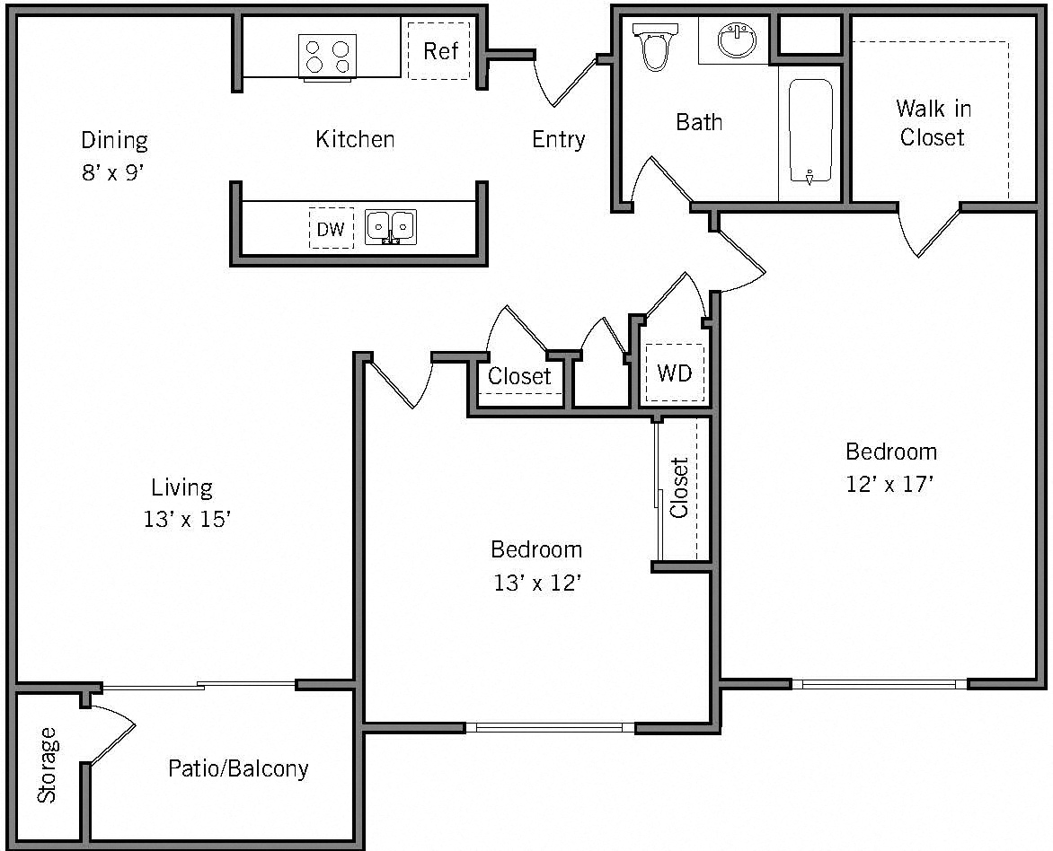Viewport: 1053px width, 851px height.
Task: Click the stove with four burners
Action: (x=327, y=57)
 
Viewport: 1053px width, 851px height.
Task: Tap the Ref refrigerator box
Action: (x=439, y=51)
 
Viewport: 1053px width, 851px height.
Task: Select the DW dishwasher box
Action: (x=331, y=229)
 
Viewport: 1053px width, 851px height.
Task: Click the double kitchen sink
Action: (x=391, y=225)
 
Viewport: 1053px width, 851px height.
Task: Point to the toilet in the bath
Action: (x=652, y=47)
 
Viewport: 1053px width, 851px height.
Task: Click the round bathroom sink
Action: (x=737, y=39)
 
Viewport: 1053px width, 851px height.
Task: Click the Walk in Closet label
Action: (x=933, y=123)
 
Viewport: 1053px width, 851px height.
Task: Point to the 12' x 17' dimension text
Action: (x=890, y=484)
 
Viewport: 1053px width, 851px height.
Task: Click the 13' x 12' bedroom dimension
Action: (x=536, y=583)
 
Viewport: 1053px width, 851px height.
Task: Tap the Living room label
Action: (x=181, y=487)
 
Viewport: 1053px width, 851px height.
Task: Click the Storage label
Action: (x=47, y=765)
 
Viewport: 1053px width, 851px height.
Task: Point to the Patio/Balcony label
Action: (x=238, y=768)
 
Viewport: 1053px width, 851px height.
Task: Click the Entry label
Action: (x=558, y=139)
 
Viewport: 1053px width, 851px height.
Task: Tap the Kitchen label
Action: (x=355, y=139)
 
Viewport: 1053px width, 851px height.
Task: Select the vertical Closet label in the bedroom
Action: (x=679, y=488)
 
